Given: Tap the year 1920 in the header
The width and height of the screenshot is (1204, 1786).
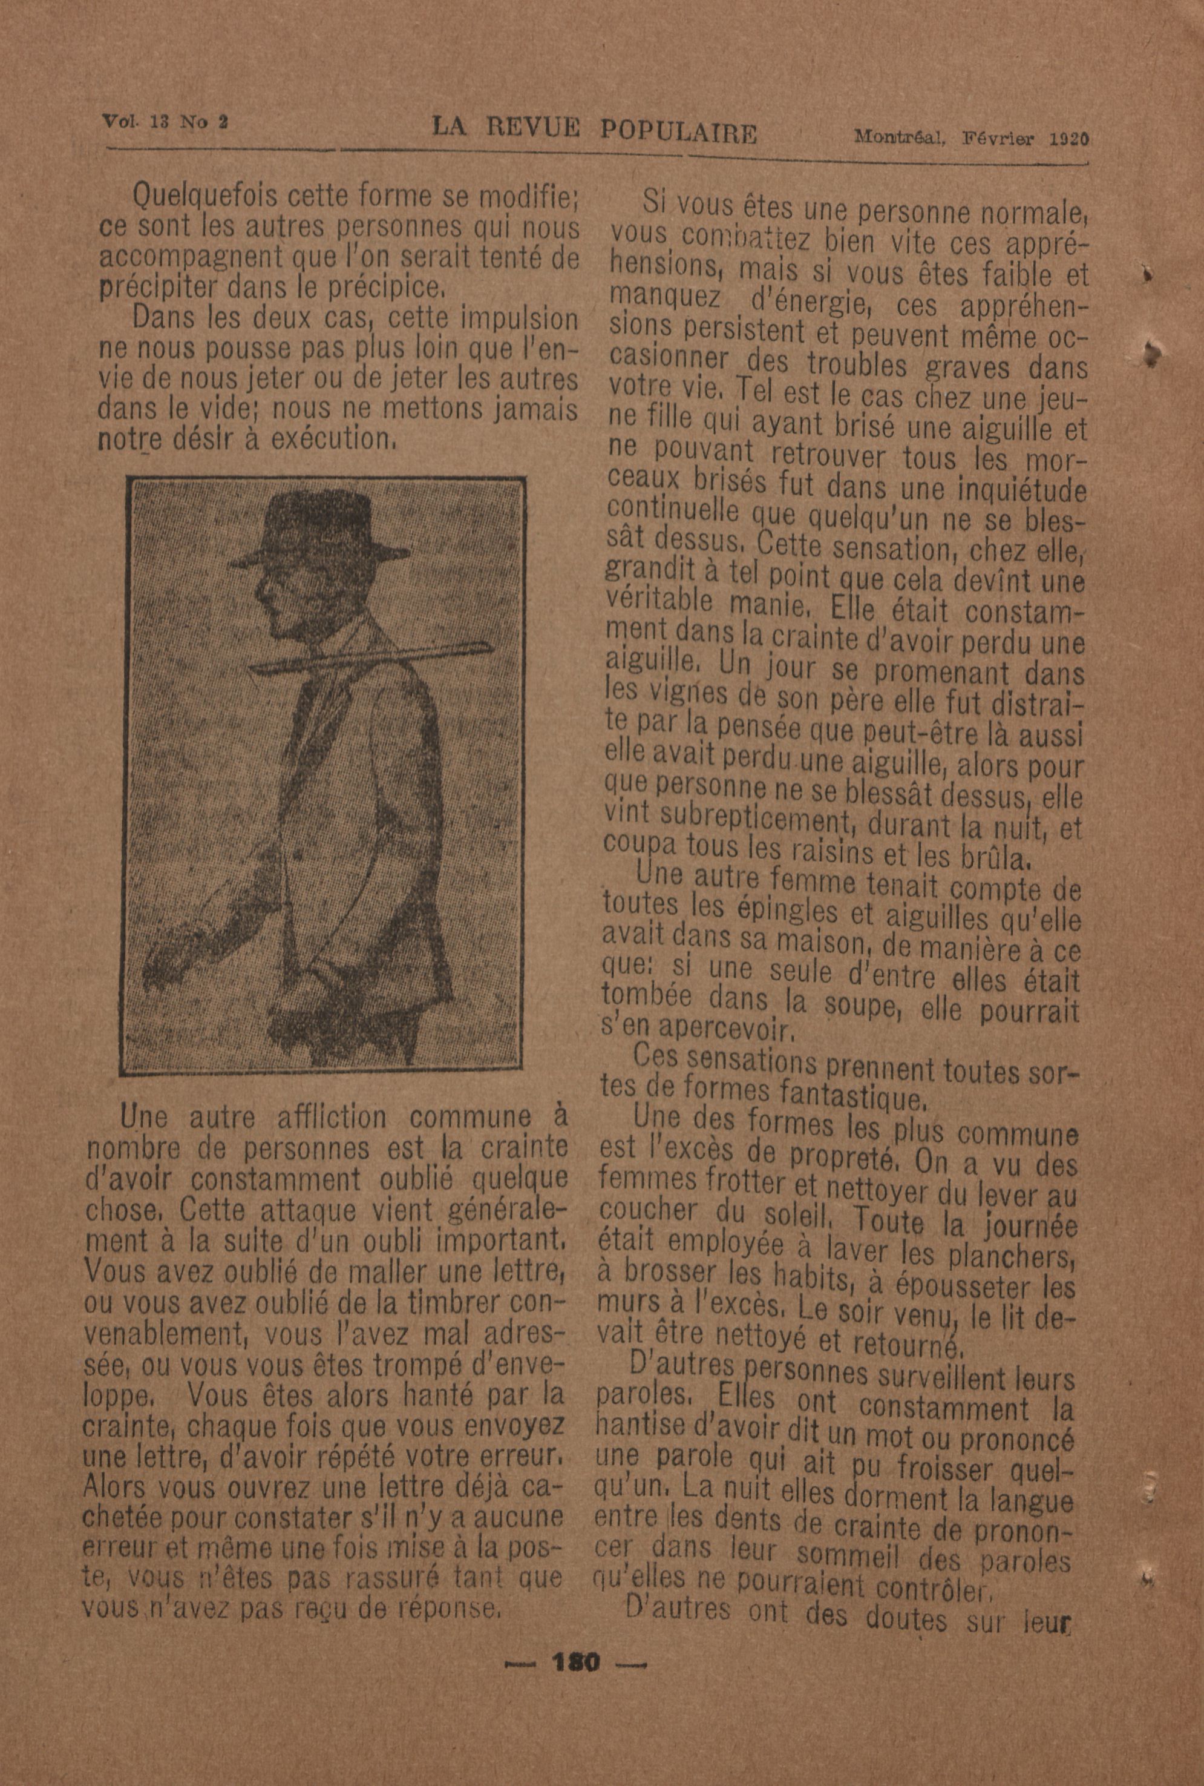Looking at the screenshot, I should point(1070,139).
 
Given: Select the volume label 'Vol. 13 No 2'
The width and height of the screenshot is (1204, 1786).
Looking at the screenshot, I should point(165,122).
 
